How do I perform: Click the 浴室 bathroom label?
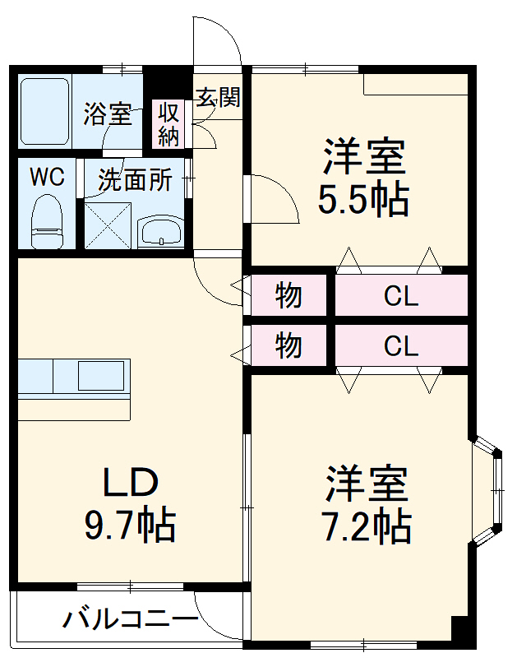click(x=107, y=114)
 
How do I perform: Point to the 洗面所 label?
click(x=135, y=180)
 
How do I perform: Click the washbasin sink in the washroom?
click(x=161, y=232)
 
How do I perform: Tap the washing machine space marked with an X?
click(x=107, y=223)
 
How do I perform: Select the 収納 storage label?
click(x=168, y=124)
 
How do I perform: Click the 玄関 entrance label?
click(x=217, y=98)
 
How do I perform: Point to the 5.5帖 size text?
click(x=363, y=200)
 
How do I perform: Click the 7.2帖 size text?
click(x=366, y=526)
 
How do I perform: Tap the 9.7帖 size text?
click(x=130, y=525)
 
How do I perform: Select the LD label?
click(x=129, y=483)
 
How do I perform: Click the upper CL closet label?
click(x=401, y=296)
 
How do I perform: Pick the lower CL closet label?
click(x=401, y=346)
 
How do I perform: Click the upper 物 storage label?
click(x=289, y=295)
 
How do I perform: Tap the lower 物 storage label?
click(x=289, y=346)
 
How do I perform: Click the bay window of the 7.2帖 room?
click(x=491, y=490)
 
